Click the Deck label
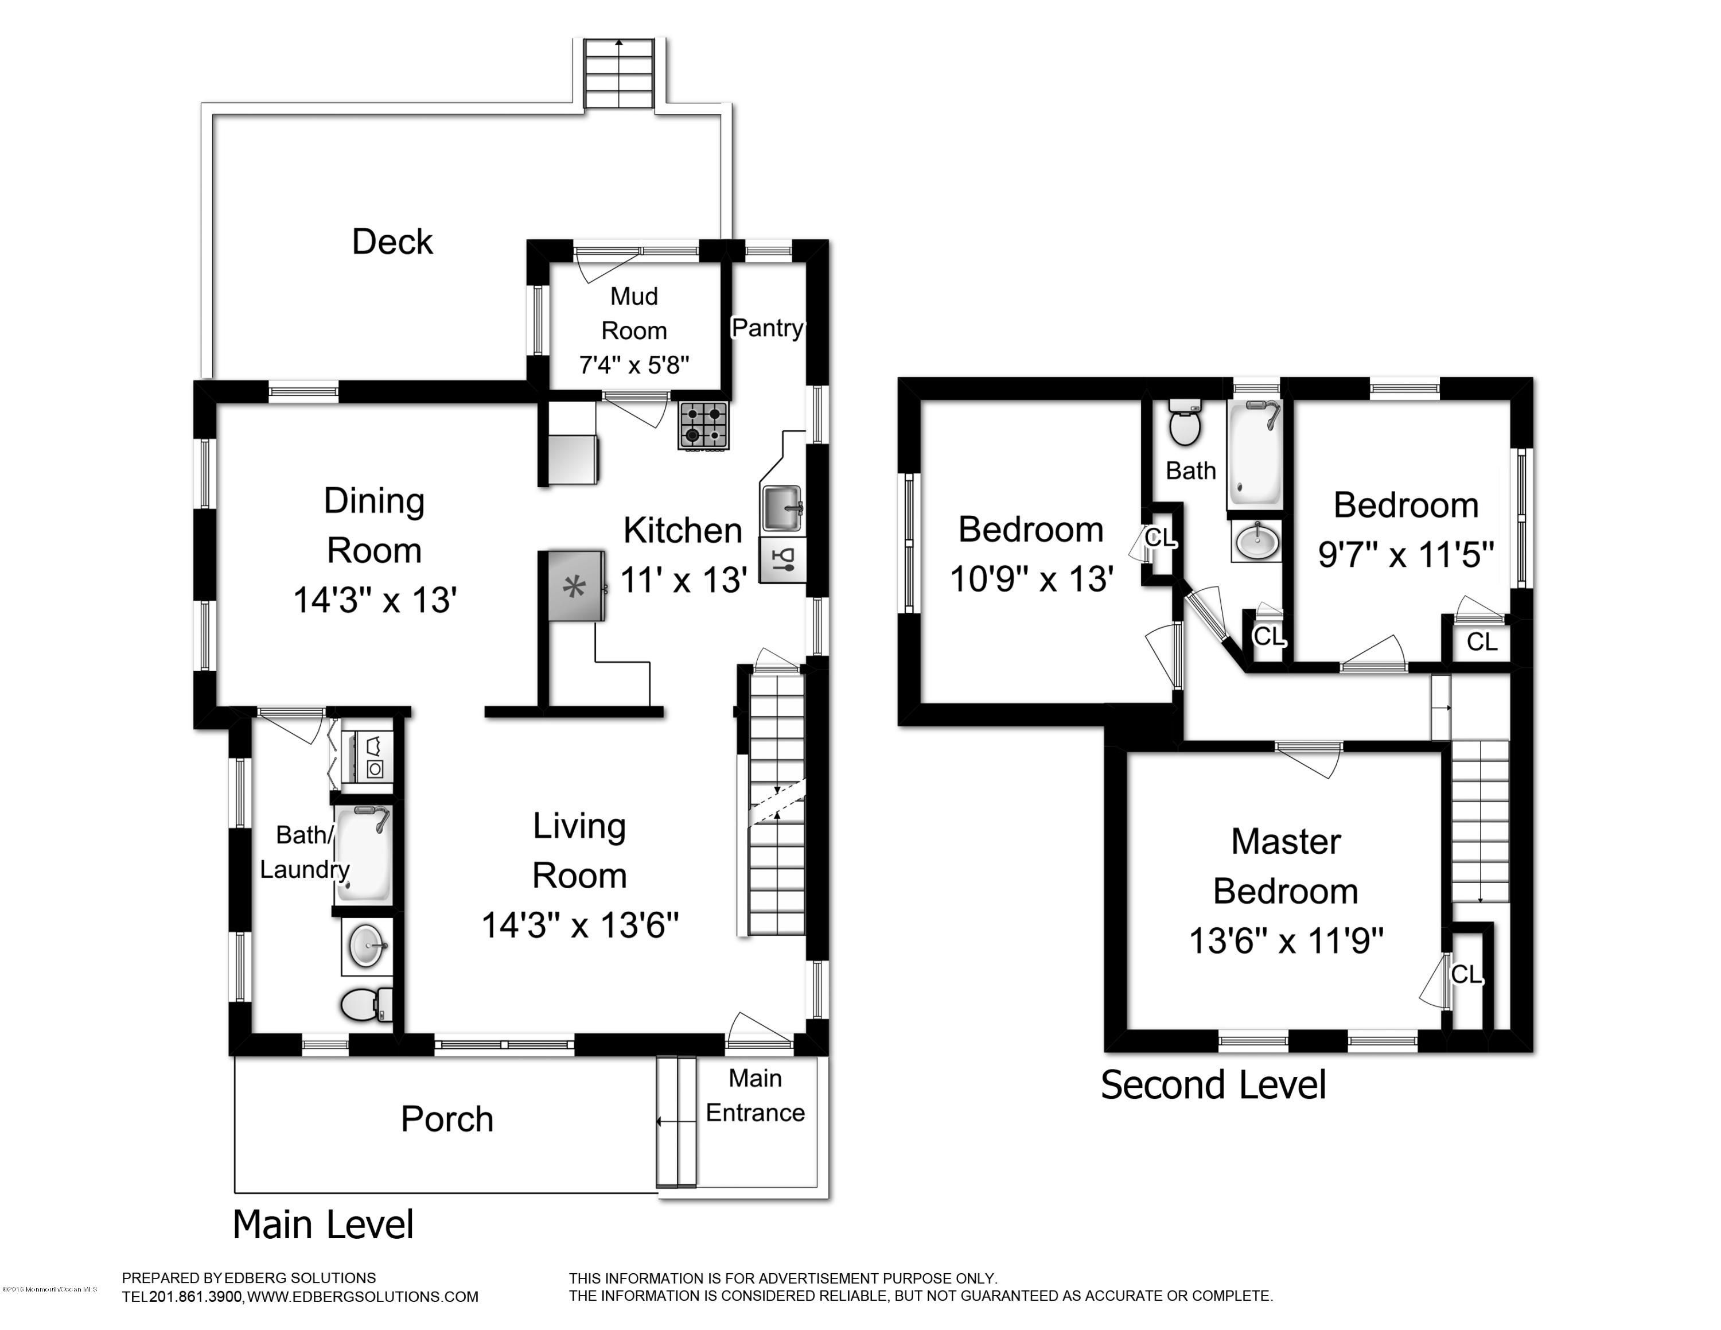tap(392, 242)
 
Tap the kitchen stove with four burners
tap(703, 426)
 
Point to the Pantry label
tap(767, 328)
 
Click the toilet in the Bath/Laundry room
tap(365, 1005)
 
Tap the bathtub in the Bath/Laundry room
tap(363, 853)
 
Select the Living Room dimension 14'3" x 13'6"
tap(579, 925)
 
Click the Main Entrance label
tap(754, 1095)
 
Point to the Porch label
tap(447, 1119)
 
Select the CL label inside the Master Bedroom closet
tap(1466, 975)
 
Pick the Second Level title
tap(1213, 1084)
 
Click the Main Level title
tap(322, 1224)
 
